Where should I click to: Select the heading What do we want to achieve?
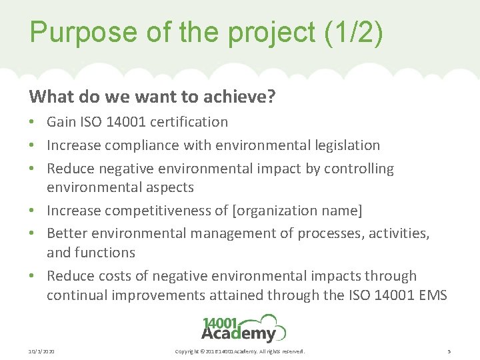(152, 97)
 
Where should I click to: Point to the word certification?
(189, 122)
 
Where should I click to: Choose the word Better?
(67, 234)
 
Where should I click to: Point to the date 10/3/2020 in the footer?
(41, 351)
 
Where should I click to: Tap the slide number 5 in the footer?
(449, 351)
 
